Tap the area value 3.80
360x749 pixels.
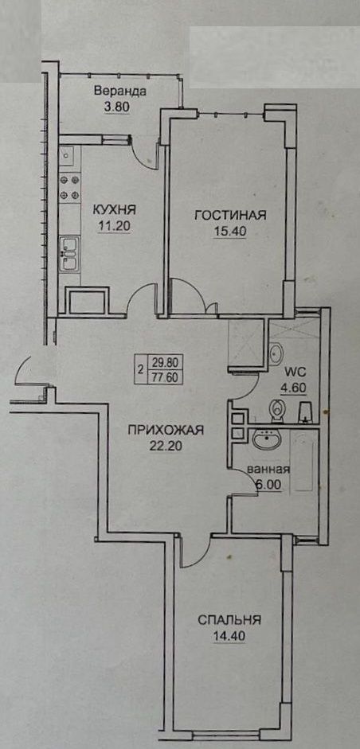click(x=117, y=107)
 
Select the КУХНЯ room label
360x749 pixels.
click(x=114, y=209)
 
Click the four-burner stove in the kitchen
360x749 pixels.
click(x=69, y=187)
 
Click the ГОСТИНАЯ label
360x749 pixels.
click(x=230, y=216)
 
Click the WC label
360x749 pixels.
click(x=296, y=371)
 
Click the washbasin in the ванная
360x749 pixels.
click(x=268, y=439)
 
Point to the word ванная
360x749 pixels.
click(x=268, y=470)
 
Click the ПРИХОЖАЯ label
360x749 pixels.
click(x=166, y=430)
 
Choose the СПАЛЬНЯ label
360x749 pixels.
click(x=229, y=620)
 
